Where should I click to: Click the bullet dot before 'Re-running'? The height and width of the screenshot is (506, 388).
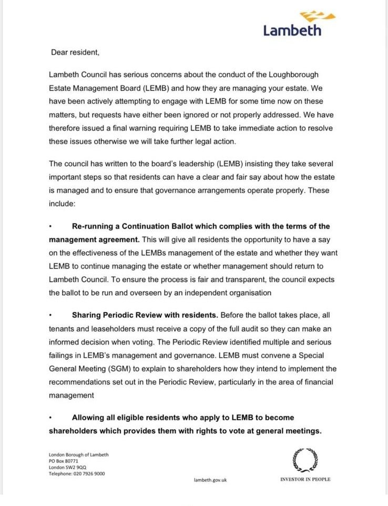[50, 226]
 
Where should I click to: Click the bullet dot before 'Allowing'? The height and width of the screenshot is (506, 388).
[50, 418]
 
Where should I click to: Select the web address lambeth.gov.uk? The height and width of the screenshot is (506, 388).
[210, 480]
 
